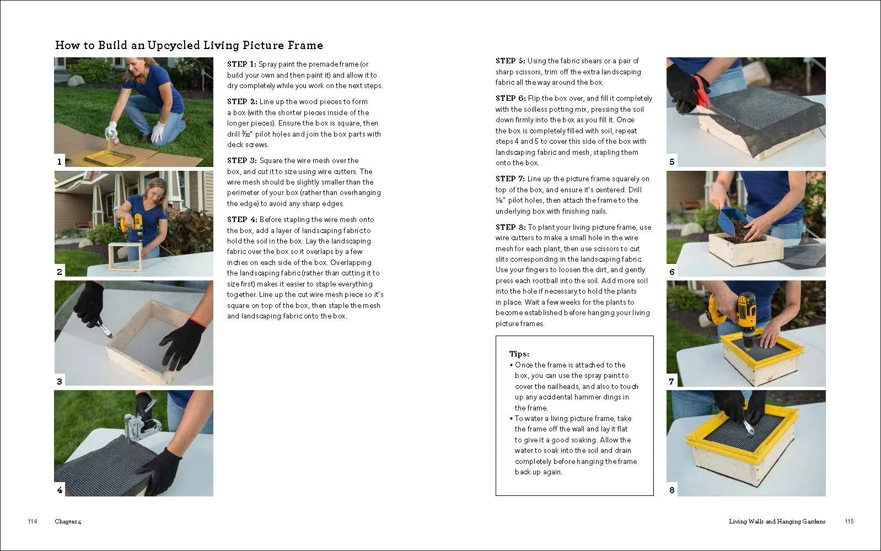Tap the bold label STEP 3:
pyautogui.click(x=242, y=160)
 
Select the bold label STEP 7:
pyautogui.click(x=510, y=179)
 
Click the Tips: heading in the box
pyautogui.click(x=519, y=354)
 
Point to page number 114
pyautogui.click(x=32, y=521)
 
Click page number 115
pyautogui.click(x=849, y=521)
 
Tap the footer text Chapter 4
pyautogui.click(x=68, y=522)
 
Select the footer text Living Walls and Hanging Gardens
pyautogui.click(x=777, y=522)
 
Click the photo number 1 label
pyautogui.click(x=60, y=161)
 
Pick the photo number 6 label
pyautogui.click(x=672, y=272)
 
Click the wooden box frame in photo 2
pyautogui.click(x=125, y=257)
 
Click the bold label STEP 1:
pyautogui.click(x=241, y=64)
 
